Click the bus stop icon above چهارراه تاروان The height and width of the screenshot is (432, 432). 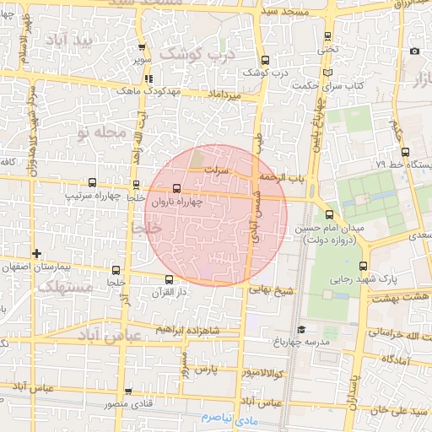click(x=176, y=188)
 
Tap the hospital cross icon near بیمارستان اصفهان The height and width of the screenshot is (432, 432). click(x=35, y=253)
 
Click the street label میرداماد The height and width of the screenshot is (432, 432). click(x=223, y=97)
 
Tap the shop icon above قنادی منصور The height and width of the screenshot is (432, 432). click(x=128, y=391)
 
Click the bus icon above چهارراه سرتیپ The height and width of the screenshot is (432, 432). click(x=92, y=181)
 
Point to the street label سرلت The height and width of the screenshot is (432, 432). click(x=221, y=169)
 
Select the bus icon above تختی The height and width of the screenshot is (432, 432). click(x=327, y=35)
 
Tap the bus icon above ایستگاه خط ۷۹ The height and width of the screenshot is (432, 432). click(x=405, y=153)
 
